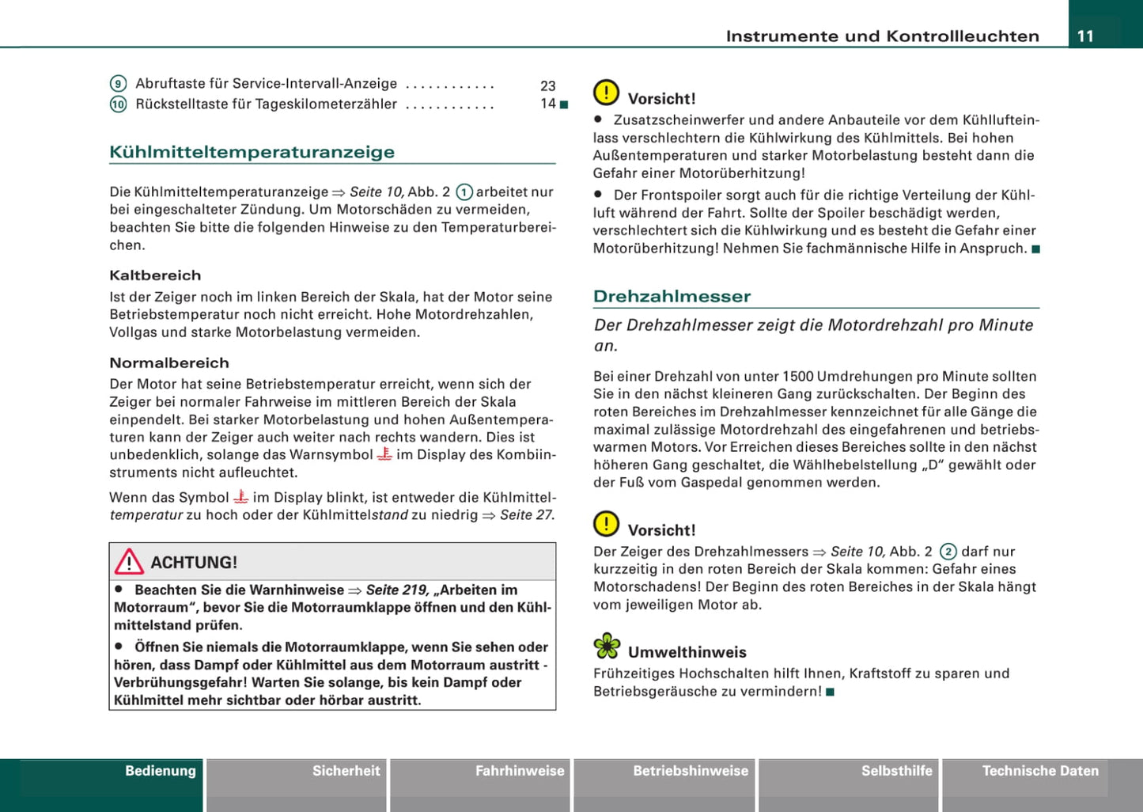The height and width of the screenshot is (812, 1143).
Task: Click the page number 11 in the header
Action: [x=1085, y=36]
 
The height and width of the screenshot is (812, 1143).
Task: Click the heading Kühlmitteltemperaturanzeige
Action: [x=252, y=152]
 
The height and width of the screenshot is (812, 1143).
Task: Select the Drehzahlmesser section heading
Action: [x=672, y=296]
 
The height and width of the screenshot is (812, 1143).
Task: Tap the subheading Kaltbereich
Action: [x=155, y=275]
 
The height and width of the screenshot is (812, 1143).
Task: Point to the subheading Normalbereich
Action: [x=169, y=363]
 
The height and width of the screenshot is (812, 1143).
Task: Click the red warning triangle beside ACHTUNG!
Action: [x=129, y=562]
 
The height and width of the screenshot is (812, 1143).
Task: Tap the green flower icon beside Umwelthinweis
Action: [x=607, y=647]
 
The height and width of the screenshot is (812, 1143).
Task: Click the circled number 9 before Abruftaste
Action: [x=118, y=84]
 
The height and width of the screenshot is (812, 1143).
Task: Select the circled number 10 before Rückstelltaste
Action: [x=118, y=104]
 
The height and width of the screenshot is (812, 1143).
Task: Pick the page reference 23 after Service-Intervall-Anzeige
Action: [x=548, y=85]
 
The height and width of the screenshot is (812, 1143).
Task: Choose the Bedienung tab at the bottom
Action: [x=160, y=771]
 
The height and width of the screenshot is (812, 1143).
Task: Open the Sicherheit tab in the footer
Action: [x=346, y=771]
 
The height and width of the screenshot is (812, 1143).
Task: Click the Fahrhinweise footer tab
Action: [x=520, y=771]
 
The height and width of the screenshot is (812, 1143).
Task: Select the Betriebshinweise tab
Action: [x=691, y=771]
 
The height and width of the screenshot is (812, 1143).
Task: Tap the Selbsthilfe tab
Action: [x=896, y=771]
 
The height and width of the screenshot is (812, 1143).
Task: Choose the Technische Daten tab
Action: [x=1040, y=771]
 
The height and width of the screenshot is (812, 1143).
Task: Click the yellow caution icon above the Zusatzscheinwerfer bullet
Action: [x=607, y=93]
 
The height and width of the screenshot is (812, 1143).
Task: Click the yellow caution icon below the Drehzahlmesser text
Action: [x=607, y=525]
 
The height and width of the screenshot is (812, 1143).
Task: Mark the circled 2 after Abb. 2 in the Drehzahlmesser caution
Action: [x=948, y=552]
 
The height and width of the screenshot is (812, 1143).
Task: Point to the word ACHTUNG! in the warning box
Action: [x=194, y=563]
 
